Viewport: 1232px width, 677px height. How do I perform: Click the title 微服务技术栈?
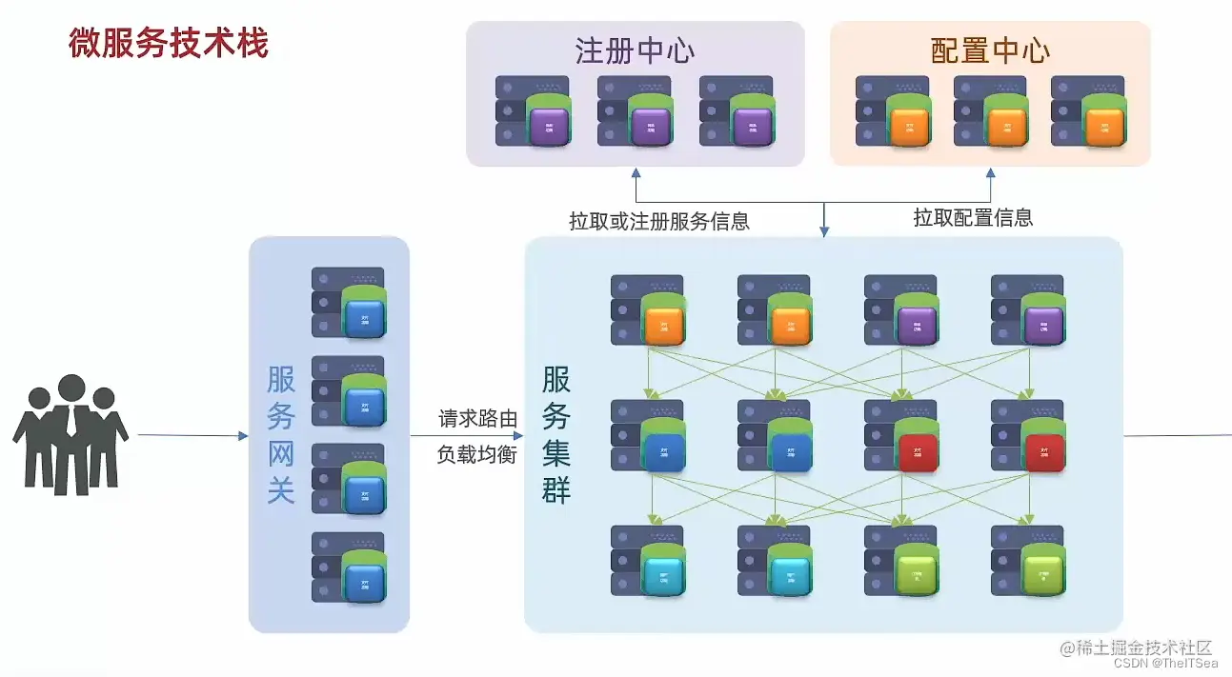click(x=168, y=43)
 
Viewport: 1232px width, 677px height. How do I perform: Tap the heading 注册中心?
click(x=634, y=50)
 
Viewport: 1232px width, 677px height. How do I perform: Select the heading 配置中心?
click(x=990, y=50)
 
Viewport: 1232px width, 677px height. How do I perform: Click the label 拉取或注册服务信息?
click(x=659, y=222)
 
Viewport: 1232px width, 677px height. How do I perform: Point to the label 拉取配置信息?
click(x=973, y=218)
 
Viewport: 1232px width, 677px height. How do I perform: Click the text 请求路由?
click(x=477, y=419)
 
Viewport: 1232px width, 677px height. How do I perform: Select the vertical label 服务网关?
click(x=281, y=435)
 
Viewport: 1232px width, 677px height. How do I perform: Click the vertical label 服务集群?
click(x=556, y=435)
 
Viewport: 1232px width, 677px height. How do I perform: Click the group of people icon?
click(x=71, y=435)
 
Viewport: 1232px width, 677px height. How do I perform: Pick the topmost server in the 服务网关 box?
click(x=349, y=304)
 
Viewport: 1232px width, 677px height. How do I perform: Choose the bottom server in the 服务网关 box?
click(x=349, y=567)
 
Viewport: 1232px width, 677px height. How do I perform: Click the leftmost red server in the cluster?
click(x=901, y=436)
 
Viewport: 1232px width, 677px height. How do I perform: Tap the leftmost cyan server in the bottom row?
click(x=648, y=562)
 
